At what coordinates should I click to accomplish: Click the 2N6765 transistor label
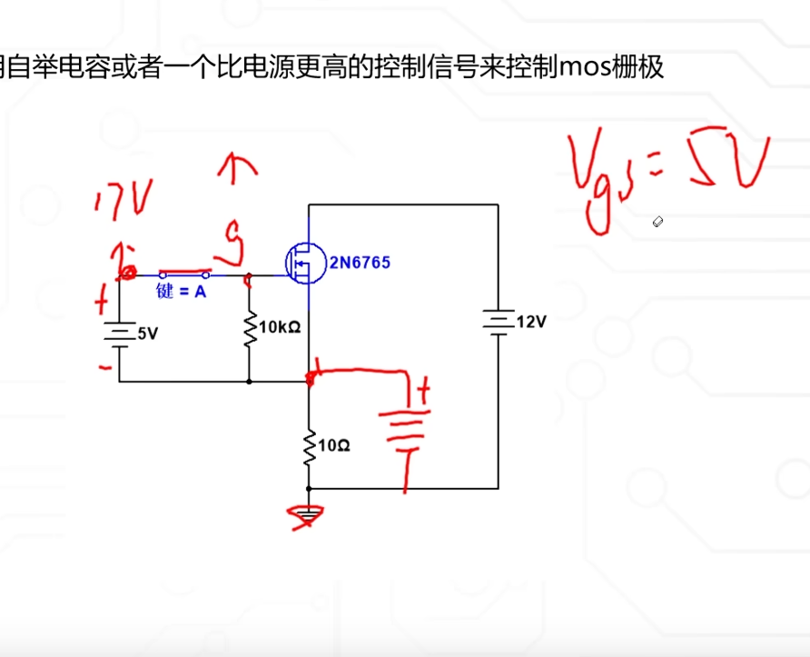pos(360,263)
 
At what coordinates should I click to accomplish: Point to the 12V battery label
pos(531,322)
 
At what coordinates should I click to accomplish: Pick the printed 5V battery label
pos(147,333)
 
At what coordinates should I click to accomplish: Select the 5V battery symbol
pos(119,333)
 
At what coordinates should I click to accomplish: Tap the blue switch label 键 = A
pos(182,293)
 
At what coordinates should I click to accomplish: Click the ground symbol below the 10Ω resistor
pos(309,516)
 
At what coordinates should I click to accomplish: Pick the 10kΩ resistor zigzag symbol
pos(249,333)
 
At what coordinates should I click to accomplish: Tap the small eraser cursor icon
pos(658,222)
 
